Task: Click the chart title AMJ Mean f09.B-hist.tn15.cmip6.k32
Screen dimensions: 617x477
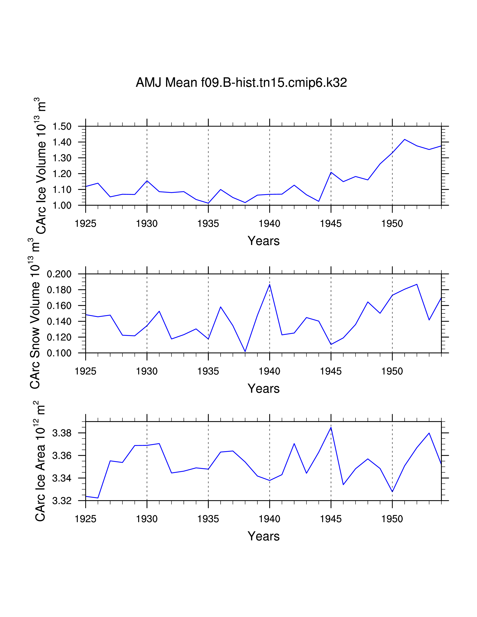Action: tap(241, 82)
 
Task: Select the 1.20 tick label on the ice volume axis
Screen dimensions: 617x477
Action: tap(62, 174)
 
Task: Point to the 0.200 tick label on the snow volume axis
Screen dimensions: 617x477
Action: tap(59, 274)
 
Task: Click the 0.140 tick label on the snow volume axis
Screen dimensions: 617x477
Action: tap(59, 322)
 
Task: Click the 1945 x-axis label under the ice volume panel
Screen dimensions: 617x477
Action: tap(331, 224)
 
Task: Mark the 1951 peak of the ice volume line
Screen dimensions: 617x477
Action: tap(404, 139)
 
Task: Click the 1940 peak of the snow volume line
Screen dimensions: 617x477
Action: tap(270, 285)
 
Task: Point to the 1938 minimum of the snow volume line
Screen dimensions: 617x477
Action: tap(245, 352)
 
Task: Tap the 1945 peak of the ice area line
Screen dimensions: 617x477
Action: tap(331, 427)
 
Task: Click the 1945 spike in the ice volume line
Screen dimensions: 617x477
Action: tap(331, 172)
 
